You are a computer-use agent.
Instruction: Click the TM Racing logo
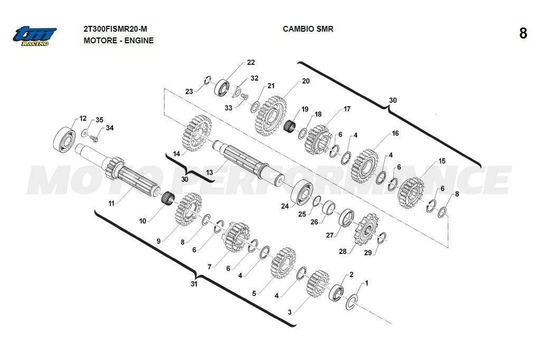point(35,35)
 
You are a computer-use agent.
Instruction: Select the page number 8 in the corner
point(523,33)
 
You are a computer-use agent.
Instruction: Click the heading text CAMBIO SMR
point(308,29)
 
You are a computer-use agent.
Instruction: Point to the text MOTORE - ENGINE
point(118,40)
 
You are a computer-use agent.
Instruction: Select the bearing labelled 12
point(65,137)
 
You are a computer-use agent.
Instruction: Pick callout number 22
point(251,62)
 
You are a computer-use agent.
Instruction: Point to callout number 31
point(194,284)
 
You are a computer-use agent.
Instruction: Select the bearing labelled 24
point(301,192)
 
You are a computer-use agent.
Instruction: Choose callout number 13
point(210,173)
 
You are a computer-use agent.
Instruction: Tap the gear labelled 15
point(410,192)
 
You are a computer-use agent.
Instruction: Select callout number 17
point(346,109)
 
